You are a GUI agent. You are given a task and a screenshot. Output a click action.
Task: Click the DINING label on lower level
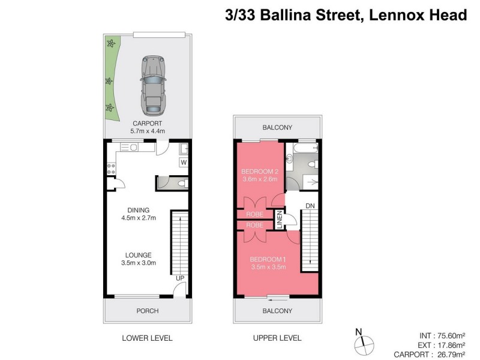coord(139,209)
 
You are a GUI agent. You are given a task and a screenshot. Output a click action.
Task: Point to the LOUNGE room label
coord(139,254)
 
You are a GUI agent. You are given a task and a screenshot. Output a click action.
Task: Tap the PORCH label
coord(148,311)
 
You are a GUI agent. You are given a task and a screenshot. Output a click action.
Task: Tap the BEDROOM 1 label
coord(268,259)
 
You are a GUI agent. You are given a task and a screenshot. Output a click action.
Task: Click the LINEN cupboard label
coord(280,219)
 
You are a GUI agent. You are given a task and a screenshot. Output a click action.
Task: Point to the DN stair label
coord(310,206)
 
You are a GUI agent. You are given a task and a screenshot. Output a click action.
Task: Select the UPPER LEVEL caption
coord(277,338)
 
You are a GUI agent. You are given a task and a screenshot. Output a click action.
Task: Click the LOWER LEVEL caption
coord(147,338)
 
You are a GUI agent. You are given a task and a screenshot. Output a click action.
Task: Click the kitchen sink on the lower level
coord(131,147)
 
